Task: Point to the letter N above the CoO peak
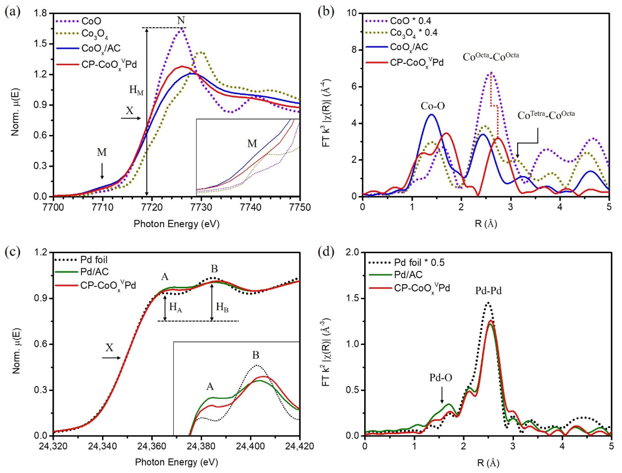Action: tap(181, 20)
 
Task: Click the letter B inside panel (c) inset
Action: tap(256, 355)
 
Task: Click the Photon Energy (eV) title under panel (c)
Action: tap(176, 462)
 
